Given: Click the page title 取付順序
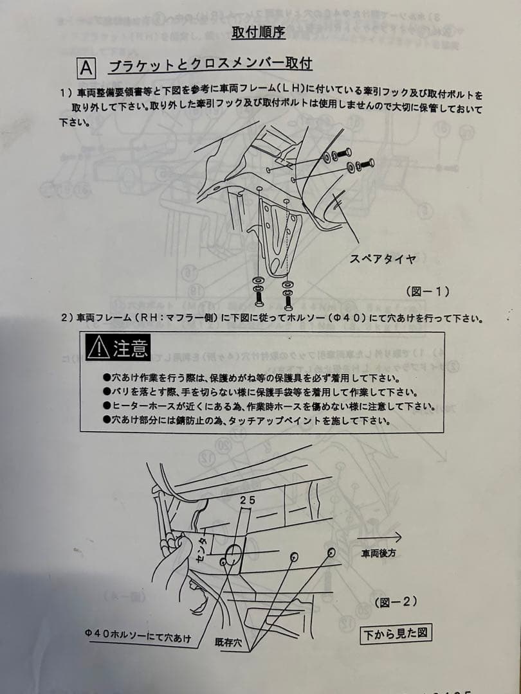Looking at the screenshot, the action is (x=259, y=32).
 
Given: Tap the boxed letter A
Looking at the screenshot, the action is (x=86, y=69).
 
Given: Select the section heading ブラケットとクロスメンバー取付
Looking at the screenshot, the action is (x=210, y=65).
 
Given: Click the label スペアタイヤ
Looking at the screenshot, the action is (x=383, y=258).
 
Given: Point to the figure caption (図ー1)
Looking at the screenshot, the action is (x=428, y=291).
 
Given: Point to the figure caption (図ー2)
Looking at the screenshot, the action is (x=396, y=602).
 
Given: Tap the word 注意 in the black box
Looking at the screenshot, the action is (x=130, y=348).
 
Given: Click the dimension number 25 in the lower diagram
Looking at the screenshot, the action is (x=248, y=500).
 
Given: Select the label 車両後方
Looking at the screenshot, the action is (x=378, y=553).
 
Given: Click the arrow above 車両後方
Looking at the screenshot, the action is (x=379, y=538).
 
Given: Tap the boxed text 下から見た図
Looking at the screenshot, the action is (x=396, y=634).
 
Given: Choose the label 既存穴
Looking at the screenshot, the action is (x=228, y=643).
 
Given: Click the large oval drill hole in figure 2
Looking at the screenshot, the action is (x=233, y=556).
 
